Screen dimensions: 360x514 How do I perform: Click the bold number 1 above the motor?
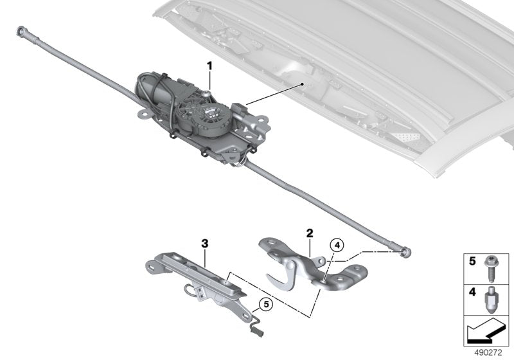[x=209, y=66]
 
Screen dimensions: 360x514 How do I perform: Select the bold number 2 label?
[x=309, y=232]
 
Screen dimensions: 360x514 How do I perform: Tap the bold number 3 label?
[x=205, y=244]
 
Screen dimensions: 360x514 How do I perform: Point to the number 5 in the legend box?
[x=471, y=262]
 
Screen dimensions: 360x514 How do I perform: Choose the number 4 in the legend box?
[x=471, y=292]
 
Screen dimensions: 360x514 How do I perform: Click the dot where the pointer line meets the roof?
[x=300, y=84]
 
